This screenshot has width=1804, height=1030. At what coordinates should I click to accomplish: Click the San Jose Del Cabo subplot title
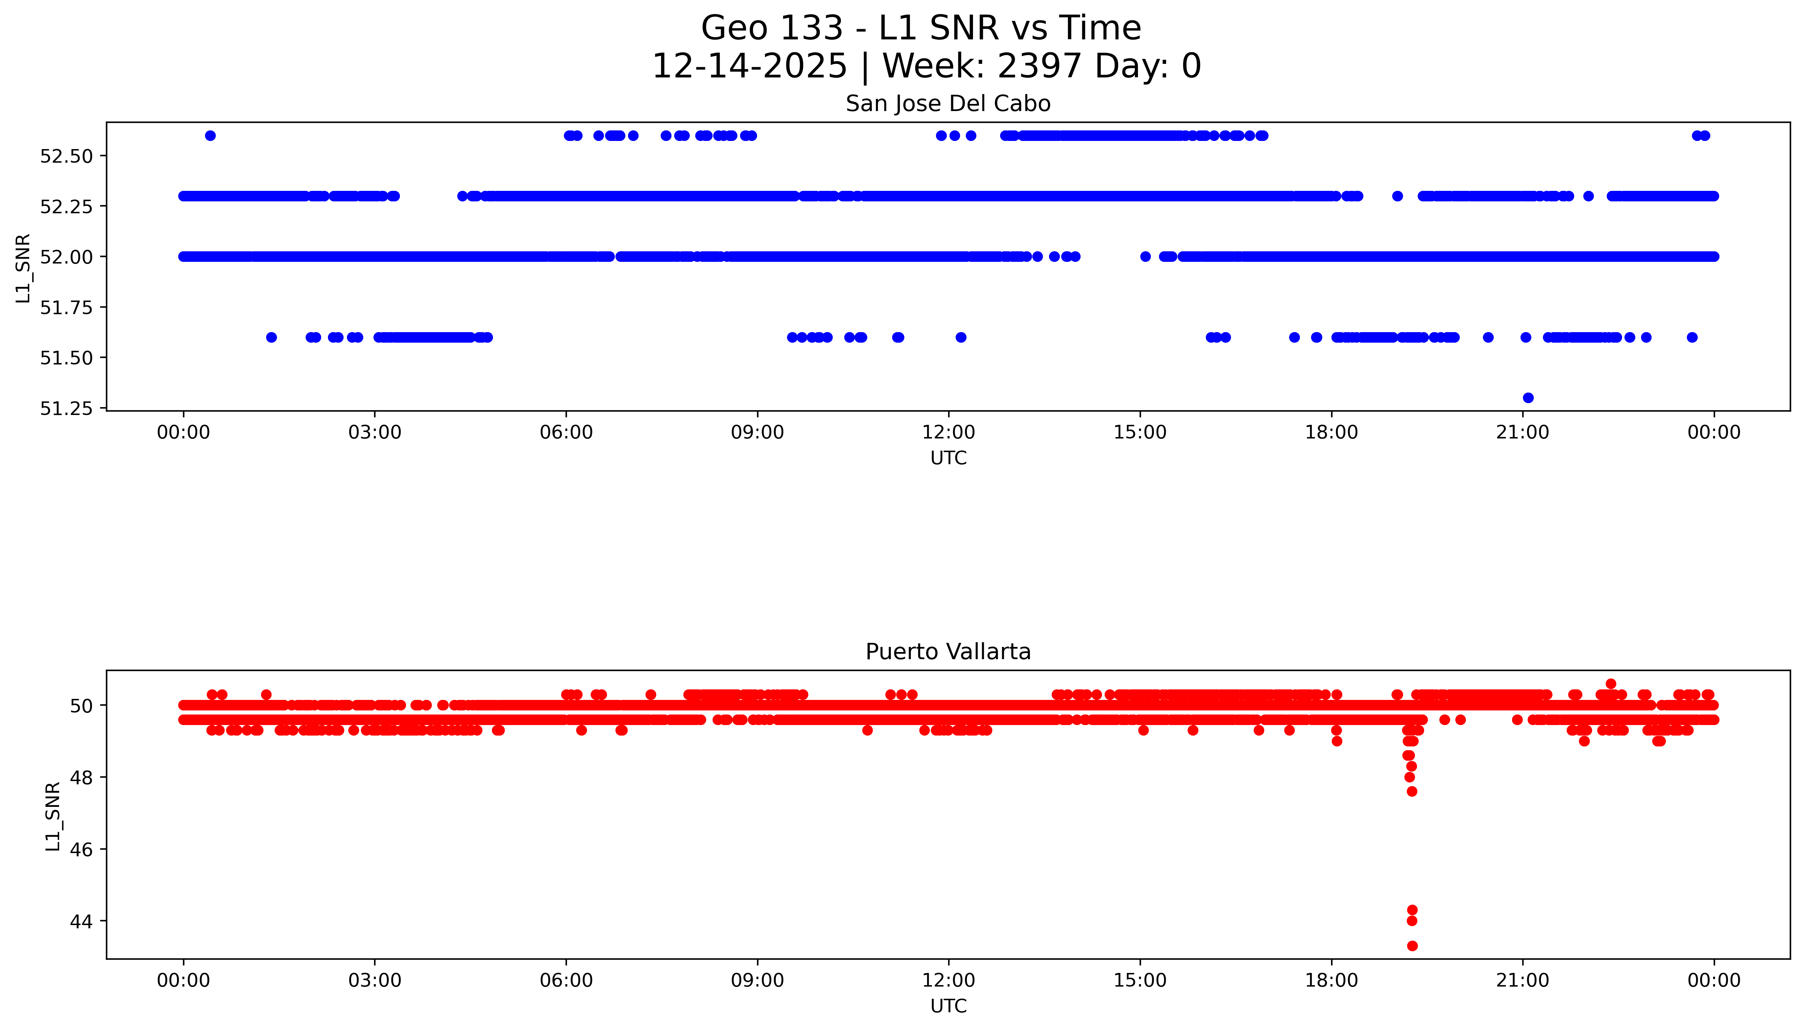pyautogui.click(x=947, y=104)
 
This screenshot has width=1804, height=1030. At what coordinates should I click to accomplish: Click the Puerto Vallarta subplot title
pyautogui.click(x=947, y=652)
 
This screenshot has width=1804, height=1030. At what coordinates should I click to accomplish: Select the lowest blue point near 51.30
pyautogui.click(x=1528, y=398)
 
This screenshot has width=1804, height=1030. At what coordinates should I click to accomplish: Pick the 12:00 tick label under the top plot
pyautogui.click(x=948, y=432)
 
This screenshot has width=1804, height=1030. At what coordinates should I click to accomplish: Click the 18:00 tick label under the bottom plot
pyautogui.click(x=1331, y=980)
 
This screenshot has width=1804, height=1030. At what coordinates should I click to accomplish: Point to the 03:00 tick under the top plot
pyautogui.click(x=375, y=432)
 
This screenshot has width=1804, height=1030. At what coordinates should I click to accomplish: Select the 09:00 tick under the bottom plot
pyautogui.click(x=757, y=980)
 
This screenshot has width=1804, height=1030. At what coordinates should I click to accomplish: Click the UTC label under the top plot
pyautogui.click(x=948, y=458)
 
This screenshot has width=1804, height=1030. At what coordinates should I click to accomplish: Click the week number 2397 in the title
pyautogui.click(x=1039, y=67)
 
